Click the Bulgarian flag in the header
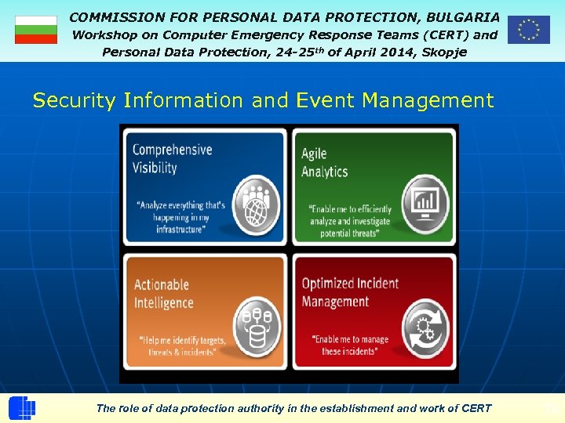(x=36, y=30)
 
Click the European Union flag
(x=528, y=30)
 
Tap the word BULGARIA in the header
(x=462, y=16)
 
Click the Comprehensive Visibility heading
(x=172, y=158)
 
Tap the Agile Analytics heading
(x=324, y=163)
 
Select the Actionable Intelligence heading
(x=163, y=294)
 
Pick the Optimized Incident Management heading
(x=350, y=292)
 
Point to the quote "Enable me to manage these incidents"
(x=350, y=345)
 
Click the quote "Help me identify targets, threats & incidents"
(x=181, y=346)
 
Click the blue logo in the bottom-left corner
(x=22, y=408)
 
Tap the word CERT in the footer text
(x=476, y=408)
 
